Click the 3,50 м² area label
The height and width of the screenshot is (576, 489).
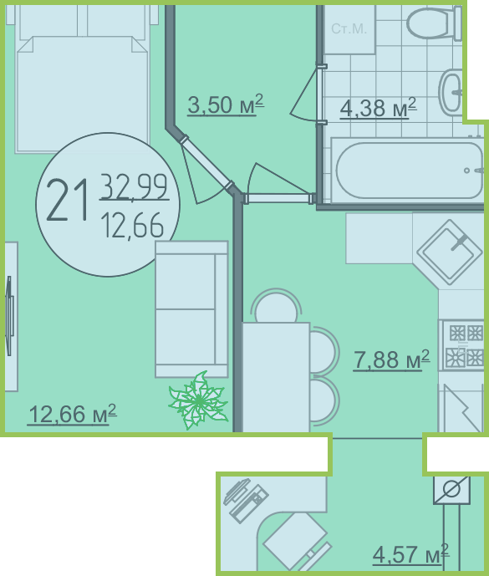click(226, 104)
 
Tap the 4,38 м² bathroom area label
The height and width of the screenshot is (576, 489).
click(378, 107)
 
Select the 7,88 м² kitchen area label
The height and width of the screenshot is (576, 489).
click(391, 359)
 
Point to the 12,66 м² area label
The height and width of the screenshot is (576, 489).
click(72, 414)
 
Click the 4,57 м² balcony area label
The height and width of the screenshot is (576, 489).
click(410, 554)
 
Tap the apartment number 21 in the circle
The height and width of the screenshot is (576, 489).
click(68, 200)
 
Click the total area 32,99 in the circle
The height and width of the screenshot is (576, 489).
click(134, 187)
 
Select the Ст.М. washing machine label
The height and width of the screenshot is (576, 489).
click(349, 28)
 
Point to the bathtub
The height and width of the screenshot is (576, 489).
click(408, 171)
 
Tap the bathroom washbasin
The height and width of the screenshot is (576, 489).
click(451, 92)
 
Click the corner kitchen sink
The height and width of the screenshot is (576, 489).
click(449, 252)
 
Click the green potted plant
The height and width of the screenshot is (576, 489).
click(198, 400)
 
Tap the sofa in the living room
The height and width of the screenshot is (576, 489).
click(191, 309)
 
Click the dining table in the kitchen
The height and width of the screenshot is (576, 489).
click(276, 377)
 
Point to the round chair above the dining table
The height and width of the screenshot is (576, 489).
click(276, 306)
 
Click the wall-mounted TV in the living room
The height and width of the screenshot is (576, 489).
click(9, 316)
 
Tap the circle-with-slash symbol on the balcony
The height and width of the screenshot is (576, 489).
click(451, 490)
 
